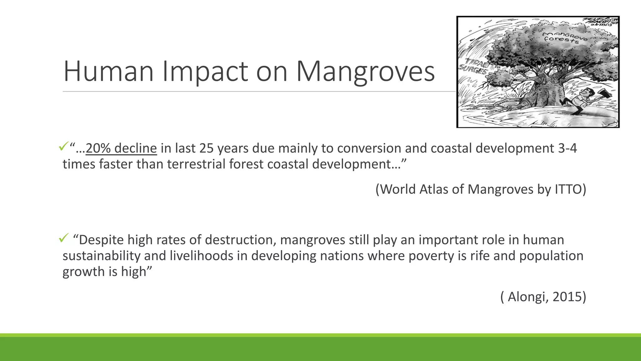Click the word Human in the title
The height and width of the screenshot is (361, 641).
108,72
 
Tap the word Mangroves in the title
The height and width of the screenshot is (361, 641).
365,72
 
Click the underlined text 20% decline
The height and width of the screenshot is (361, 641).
121,148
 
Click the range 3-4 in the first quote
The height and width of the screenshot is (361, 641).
567,148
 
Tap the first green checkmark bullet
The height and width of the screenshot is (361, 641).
63,146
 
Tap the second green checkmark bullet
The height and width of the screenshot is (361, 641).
63,239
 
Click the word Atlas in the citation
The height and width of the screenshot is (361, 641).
433,189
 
